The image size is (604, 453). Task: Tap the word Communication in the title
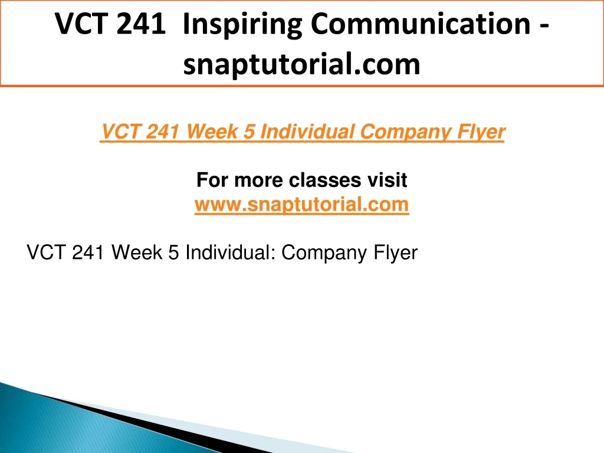pos(421,24)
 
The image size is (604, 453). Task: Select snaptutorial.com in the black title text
pos(301,64)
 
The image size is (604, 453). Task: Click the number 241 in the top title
pos(141,24)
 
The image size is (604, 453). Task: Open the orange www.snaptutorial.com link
pos(301,205)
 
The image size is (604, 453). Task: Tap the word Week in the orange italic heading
pos(212,132)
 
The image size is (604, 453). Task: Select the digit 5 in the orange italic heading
pos(250,132)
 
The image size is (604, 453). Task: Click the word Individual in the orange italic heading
pos(307,132)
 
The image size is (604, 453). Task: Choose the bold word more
pos(258,180)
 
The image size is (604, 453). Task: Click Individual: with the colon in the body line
pos(231,252)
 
